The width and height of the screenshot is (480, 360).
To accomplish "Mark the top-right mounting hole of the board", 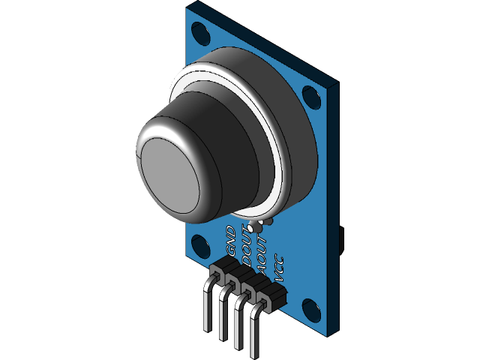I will [310, 96].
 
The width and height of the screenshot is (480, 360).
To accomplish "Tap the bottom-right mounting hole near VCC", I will [309, 307].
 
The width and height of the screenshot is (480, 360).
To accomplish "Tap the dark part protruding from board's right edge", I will [341, 240].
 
